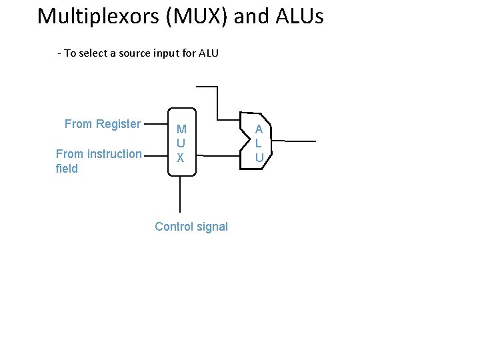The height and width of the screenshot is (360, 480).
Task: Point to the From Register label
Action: point(102,124)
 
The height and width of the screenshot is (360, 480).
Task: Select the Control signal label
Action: point(191,227)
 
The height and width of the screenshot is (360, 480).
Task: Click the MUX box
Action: point(181,141)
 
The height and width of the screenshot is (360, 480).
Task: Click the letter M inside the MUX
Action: point(181,129)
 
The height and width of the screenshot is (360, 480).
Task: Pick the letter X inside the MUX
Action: point(180,158)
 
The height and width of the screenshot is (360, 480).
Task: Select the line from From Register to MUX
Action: point(155,124)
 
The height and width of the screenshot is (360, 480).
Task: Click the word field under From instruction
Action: point(67,169)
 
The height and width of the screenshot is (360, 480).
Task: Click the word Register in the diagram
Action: point(118,124)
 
